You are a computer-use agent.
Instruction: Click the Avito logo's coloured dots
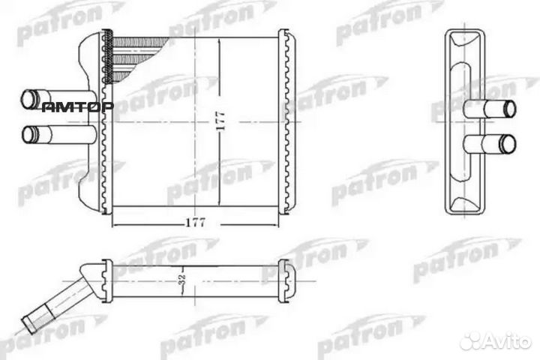click(472, 341)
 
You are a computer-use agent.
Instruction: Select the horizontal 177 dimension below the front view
click(194, 223)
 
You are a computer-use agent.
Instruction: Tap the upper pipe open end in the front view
click(30, 98)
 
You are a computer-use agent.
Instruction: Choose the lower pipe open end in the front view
click(30, 135)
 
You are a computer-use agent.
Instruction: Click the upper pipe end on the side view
click(508, 108)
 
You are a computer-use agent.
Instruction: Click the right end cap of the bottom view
click(286, 280)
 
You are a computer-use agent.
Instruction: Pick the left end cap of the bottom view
click(107, 280)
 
